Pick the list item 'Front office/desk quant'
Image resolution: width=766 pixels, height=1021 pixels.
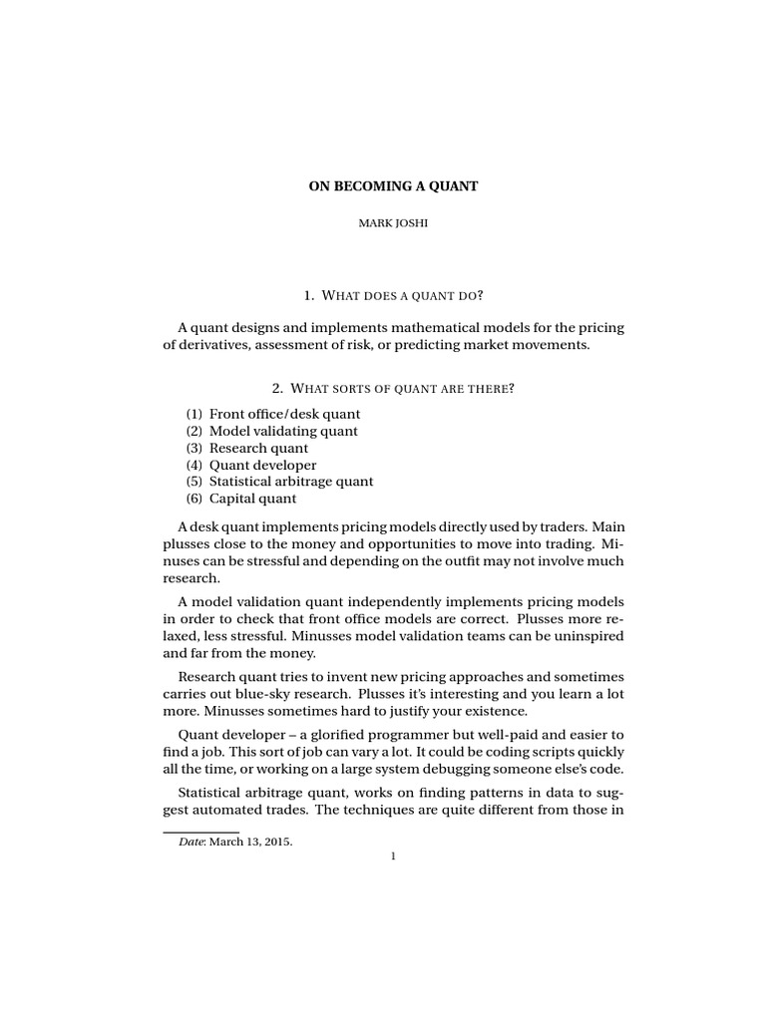pyautogui.click(x=284, y=413)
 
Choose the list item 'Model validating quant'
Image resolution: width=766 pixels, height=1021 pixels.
pyautogui.click(x=283, y=431)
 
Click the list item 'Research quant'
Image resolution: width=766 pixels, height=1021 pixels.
pyautogui.click(x=258, y=448)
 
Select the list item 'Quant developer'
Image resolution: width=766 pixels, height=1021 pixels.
pyautogui.click(x=262, y=465)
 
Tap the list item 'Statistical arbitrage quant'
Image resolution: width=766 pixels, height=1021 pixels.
pyautogui.click(x=291, y=482)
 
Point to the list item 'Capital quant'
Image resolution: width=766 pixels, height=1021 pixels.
pyautogui.click(x=252, y=499)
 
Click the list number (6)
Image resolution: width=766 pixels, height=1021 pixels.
pyautogui.click(x=193, y=499)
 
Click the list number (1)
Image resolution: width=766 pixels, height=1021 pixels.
pyautogui.click(x=193, y=413)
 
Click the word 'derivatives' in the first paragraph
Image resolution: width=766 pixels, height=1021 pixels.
pyautogui.click(x=211, y=345)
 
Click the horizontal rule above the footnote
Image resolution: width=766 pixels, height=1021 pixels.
pyautogui.click(x=199, y=830)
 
